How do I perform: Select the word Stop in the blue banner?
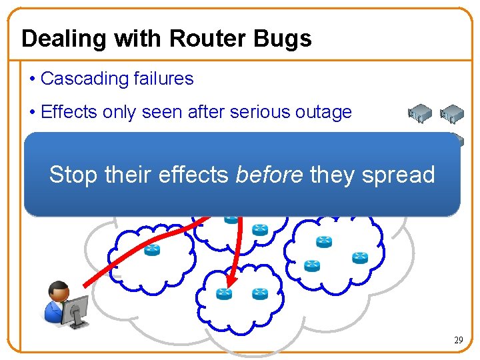[x=71, y=175]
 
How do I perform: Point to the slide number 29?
[x=459, y=341]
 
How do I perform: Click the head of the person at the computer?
[x=59, y=291]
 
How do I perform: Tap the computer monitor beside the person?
[x=77, y=308]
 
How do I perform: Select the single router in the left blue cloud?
[x=153, y=249]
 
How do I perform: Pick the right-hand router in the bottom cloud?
[x=259, y=293]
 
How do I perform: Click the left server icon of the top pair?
[x=420, y=112]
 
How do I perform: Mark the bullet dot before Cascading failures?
[x=32, y=79]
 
